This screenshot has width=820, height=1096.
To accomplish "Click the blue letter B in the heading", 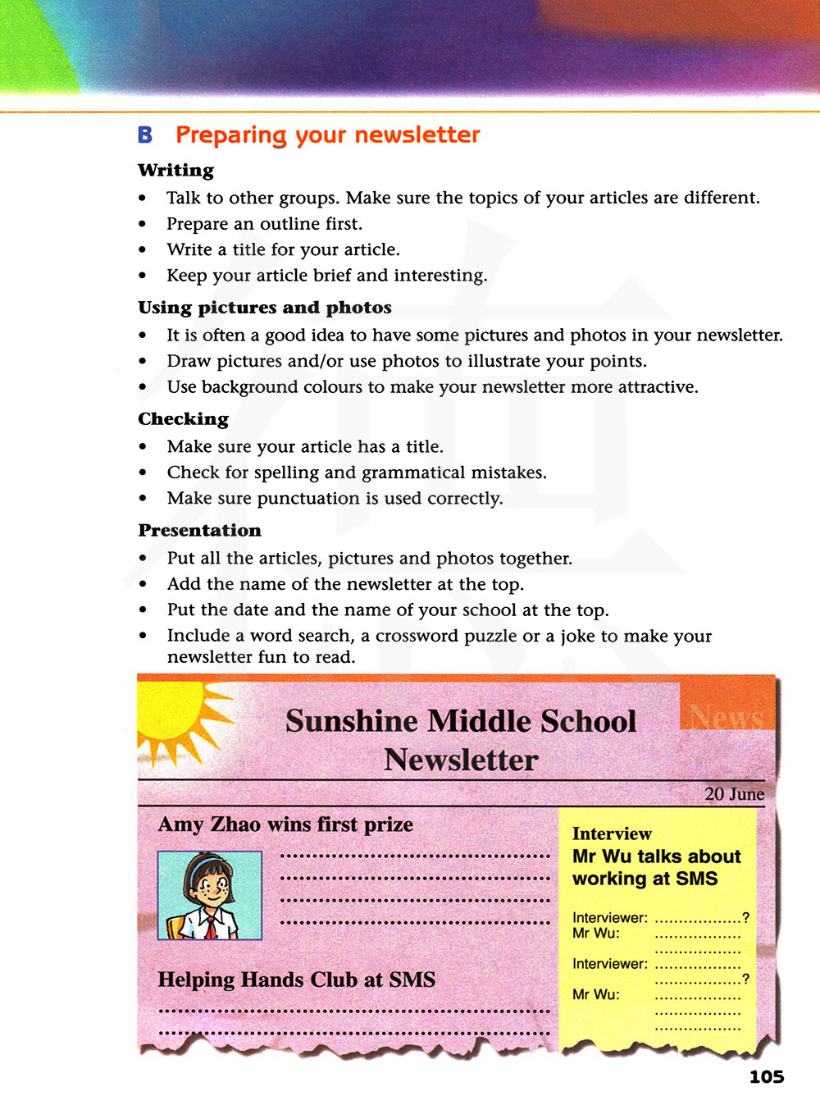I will [145, 135].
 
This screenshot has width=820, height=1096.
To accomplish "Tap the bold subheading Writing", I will [175, 171].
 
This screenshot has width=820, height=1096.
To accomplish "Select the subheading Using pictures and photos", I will [264, 308].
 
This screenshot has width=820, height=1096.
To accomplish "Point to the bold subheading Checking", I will [183, 419].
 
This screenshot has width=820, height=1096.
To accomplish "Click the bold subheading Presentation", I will [199, 531].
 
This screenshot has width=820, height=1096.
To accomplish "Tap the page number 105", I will [766, 1077].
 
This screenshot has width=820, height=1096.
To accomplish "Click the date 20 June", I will [734, 794].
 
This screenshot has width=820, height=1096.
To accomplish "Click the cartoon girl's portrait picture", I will [209, 895].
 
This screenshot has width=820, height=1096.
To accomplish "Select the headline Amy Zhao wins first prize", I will [285, 824].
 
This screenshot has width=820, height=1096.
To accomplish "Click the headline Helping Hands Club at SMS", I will [296, 980].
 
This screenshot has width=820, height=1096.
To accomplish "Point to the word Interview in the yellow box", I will [612, 834].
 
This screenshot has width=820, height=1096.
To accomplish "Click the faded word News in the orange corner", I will [726, 717].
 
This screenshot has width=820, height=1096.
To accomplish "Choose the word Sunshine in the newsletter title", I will [352, 721].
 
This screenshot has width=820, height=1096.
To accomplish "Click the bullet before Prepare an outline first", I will [143, 225].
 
